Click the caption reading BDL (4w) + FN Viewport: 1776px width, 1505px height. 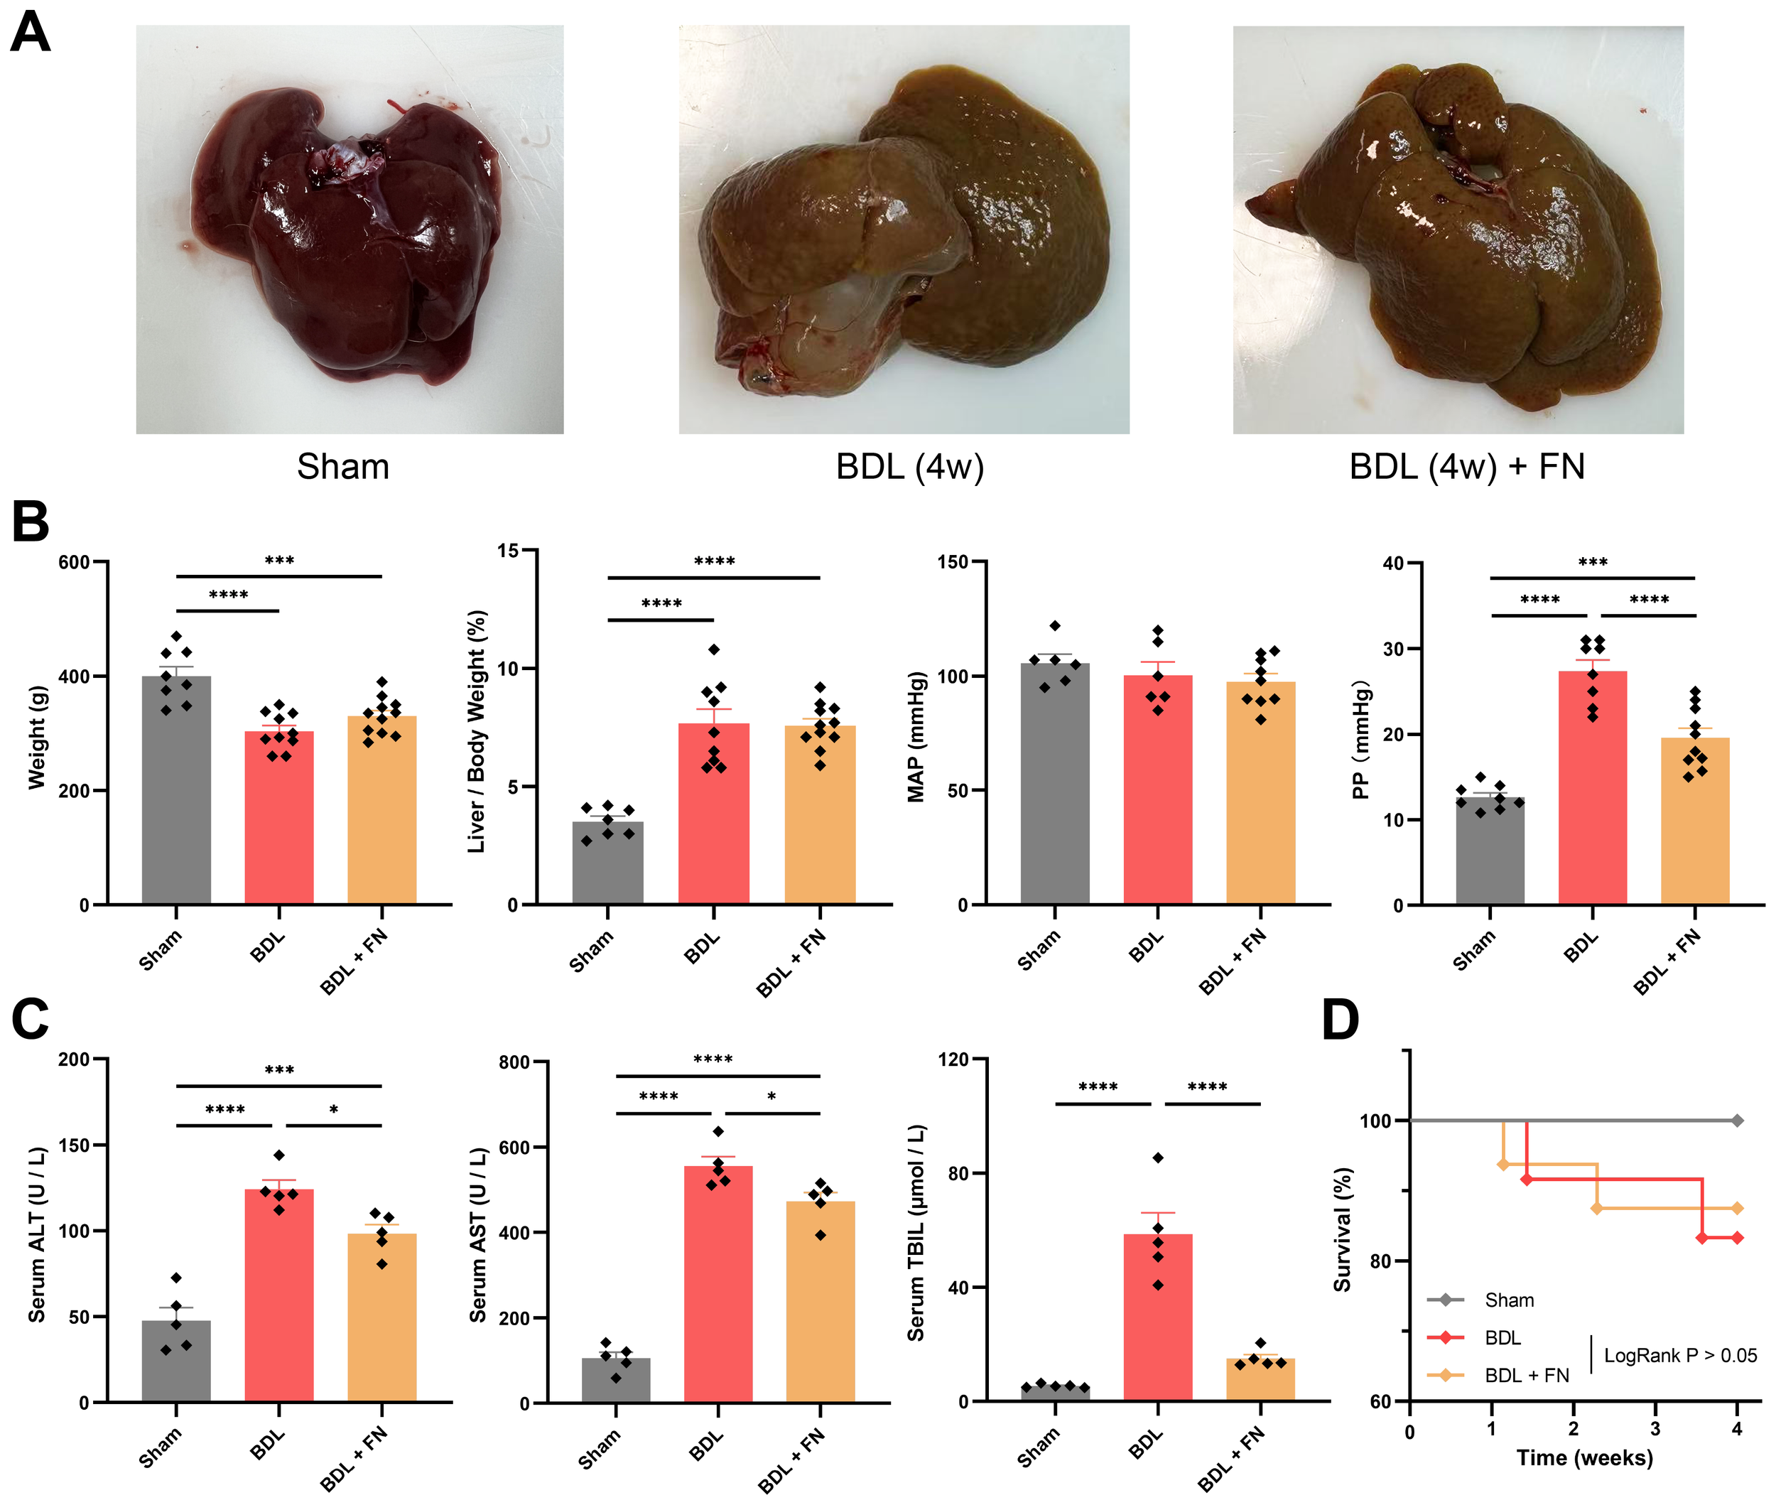(x=1466, y=467)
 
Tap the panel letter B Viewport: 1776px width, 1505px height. (x=31, y=522)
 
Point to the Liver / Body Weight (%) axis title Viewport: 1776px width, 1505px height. (x=477, y=731)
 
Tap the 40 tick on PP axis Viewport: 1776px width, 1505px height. (x=1393, y=563)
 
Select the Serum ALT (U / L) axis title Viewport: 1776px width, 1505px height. (x=37, y=1234)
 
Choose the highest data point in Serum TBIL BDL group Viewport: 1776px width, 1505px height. (x=1157, y=1158)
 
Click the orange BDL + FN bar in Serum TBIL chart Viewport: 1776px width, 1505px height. (x=1260, y=1380)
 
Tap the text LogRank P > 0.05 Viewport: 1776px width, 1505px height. (x=1679, y=1356)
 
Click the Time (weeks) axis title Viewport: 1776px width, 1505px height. (x=1584, y=1458)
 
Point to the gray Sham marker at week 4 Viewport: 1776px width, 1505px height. (x=1737, y=1120)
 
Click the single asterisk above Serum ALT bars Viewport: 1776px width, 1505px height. (x=334, y=1110)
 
